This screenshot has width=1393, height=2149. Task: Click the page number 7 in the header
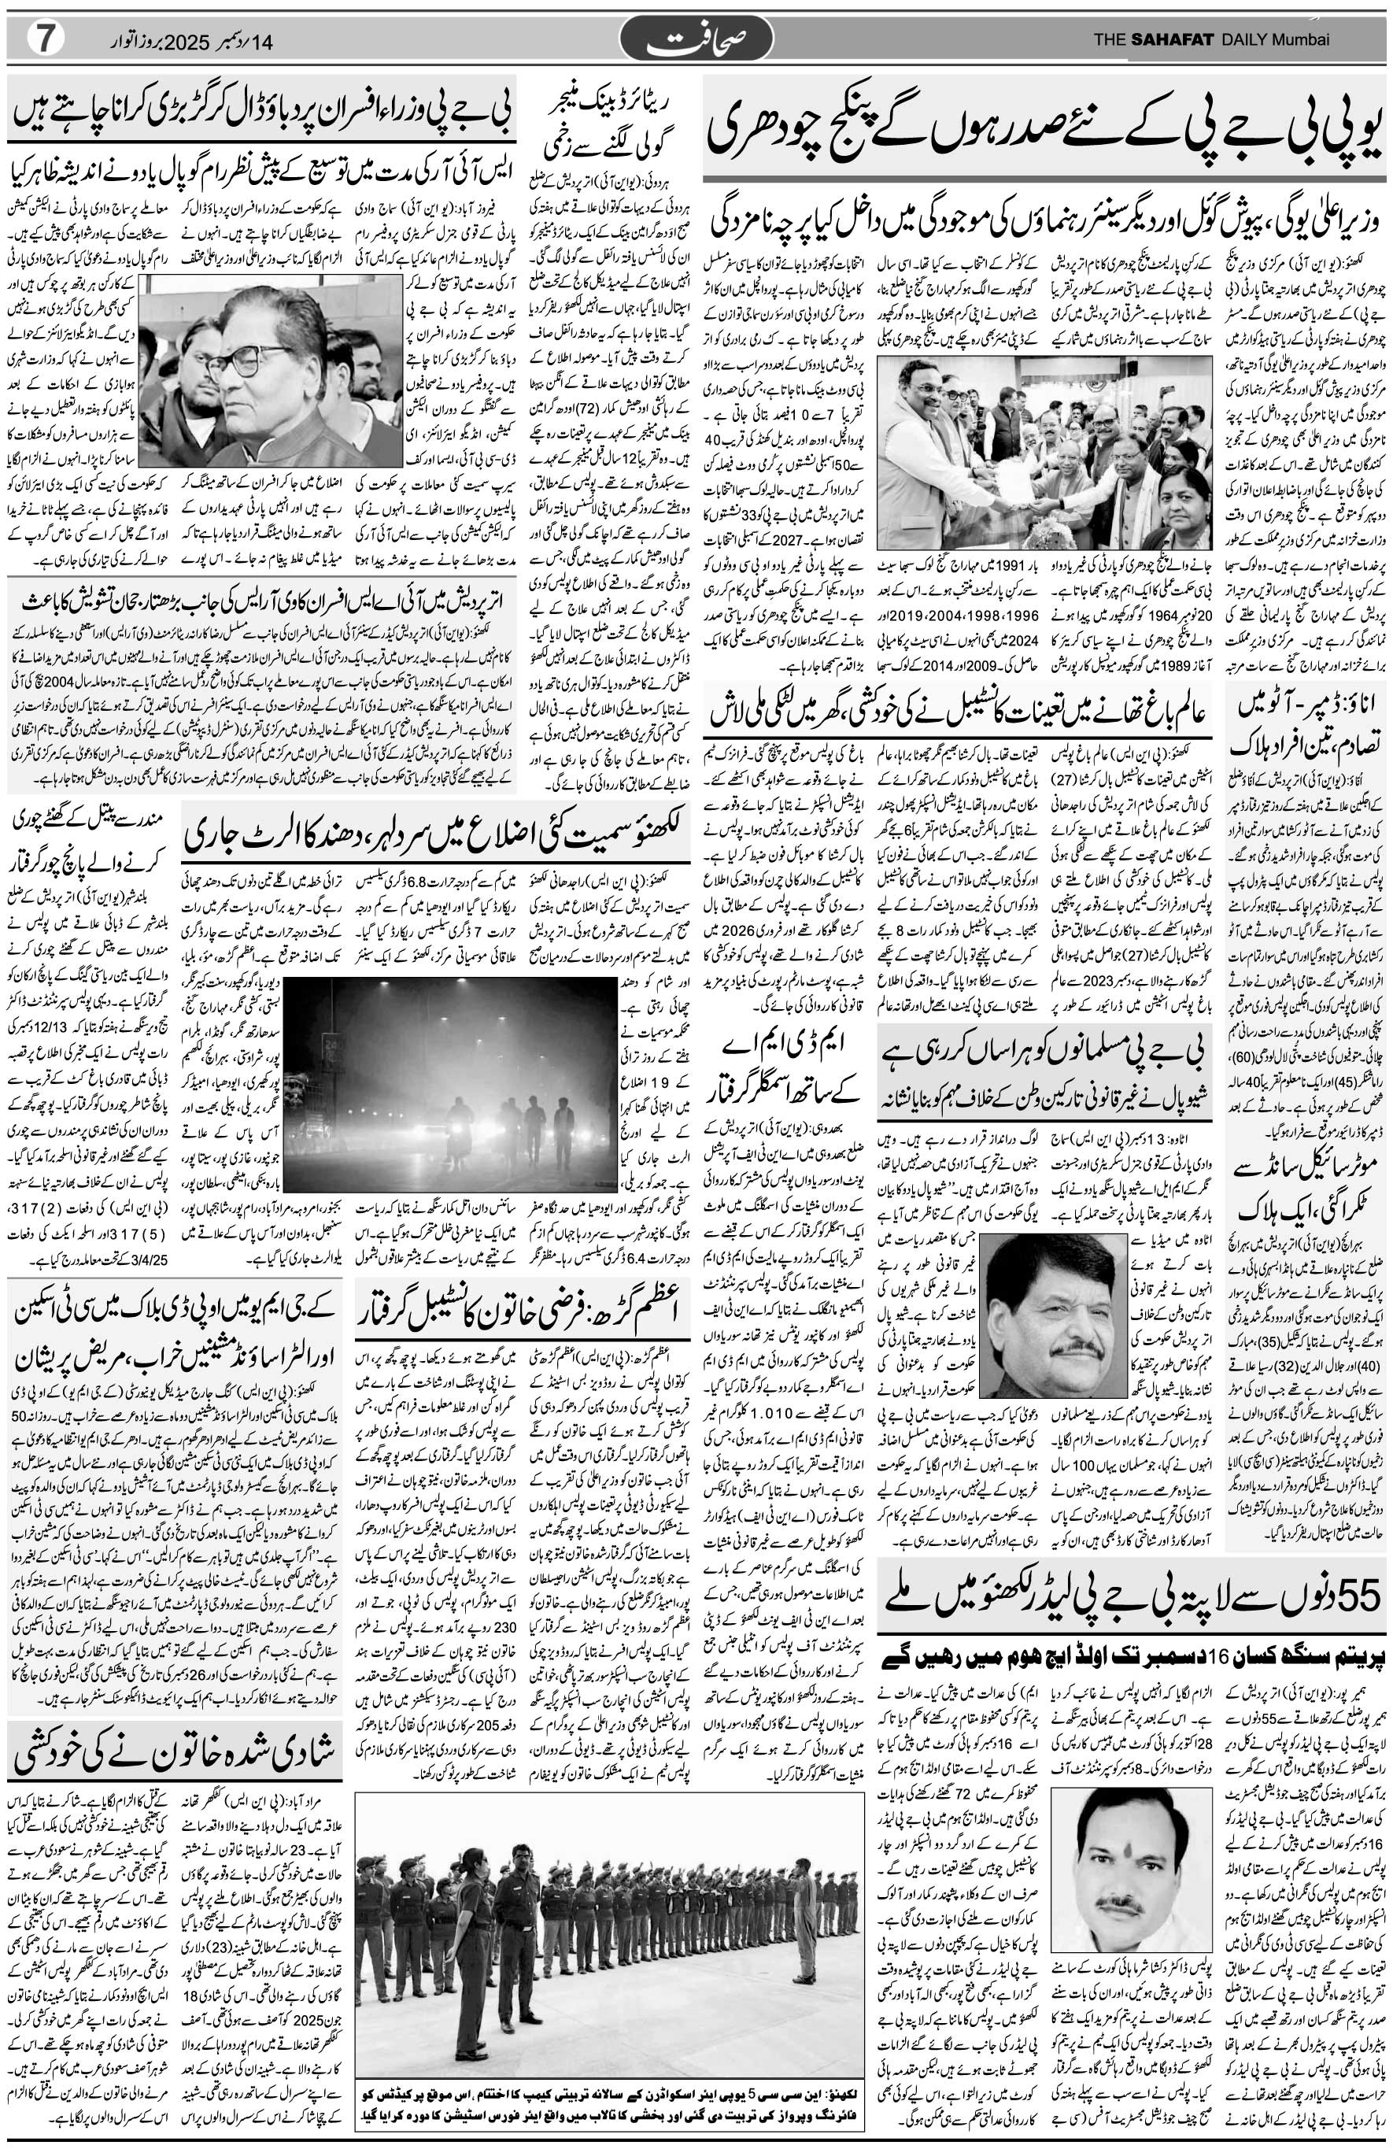pos(37,39)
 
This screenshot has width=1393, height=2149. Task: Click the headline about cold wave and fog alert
pos(437,834)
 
